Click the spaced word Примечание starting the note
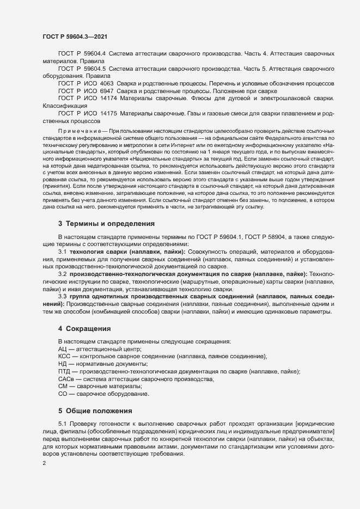point(82,132)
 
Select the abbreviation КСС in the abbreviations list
point(64,356)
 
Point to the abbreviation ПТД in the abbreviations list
point(64,371)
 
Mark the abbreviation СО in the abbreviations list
point(62,394)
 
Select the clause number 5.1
point(63,424)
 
